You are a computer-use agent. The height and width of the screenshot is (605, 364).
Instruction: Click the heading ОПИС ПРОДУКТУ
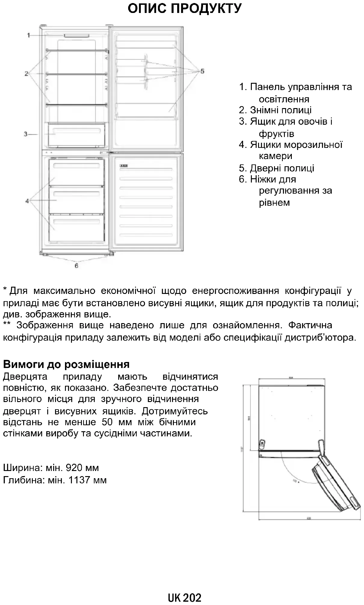(184, 9)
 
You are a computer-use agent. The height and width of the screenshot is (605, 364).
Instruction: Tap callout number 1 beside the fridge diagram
(29, 36)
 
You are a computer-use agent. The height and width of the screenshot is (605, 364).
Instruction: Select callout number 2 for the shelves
(26, 73)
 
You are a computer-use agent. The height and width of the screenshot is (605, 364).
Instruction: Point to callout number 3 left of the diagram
(26, 134)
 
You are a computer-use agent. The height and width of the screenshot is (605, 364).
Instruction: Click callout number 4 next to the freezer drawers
(27, 201)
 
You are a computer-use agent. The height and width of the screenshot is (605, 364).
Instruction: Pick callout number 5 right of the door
(202, 71)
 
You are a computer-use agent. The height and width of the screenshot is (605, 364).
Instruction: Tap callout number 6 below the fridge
(76, 266)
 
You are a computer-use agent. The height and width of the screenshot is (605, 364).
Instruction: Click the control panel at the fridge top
(76, 36)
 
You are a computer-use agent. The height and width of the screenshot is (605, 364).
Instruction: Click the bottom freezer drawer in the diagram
(76, 227)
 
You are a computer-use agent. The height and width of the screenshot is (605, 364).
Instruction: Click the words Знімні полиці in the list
(281, 110)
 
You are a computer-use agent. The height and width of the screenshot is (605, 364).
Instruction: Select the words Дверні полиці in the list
(282, 168)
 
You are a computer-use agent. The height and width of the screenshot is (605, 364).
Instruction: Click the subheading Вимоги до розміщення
(66, 364)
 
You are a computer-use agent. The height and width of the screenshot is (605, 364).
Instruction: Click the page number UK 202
(185, 597)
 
